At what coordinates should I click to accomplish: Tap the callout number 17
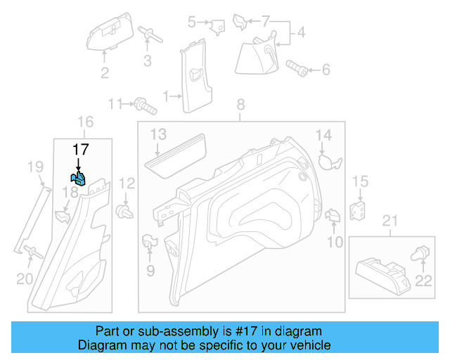point(81,149)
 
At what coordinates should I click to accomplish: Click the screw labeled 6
point(297,68)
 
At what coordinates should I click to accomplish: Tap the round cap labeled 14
point(328,161)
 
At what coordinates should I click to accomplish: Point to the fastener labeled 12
point(126,211)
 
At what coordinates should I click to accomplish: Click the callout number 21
point(389,223)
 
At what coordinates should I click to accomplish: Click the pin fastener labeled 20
point(30,252)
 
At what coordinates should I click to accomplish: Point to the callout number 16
point(84,123)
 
